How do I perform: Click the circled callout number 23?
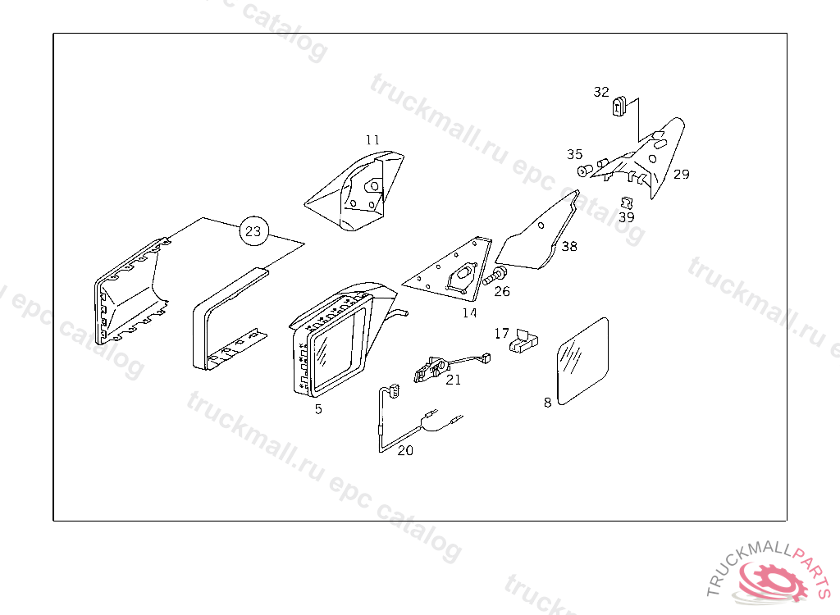(x=253, y=231)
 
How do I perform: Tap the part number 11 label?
(x=372, y=140)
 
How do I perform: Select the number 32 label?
(x=601, y=92)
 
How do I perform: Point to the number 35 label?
(x=575, y=154)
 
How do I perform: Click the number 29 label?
(x=682, y=174)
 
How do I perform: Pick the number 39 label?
(x=626, y=217)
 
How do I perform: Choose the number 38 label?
(x=569, y=247)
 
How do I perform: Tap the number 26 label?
(x=502, y=291)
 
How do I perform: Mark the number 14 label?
(x=469, y=313)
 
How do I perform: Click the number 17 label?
(x=501, y=334)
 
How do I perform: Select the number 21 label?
(x=453, y=380)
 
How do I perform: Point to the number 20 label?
(x=405, y=451)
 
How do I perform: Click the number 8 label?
(x=547, y=403)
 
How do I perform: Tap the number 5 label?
(x=319, y=409)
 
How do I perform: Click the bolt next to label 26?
(x=495, y=276)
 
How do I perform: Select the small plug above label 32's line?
(x=620, y=106)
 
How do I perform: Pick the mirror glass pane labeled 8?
(x=583, y=362)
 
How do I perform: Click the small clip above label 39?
(x=627, y=203)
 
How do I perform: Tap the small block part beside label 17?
(x=523, y=341)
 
